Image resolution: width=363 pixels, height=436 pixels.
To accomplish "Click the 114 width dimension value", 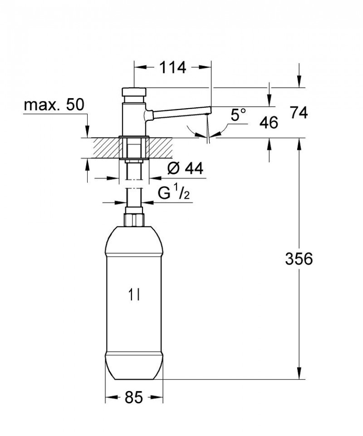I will [x=172, y=68].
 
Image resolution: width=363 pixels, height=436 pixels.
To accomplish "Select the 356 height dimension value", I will [x=299, y=259].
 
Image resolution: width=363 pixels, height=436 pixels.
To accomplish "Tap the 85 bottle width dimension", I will [x=134, y=398].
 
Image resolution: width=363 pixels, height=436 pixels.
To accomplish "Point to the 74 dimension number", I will [x=299, y=112].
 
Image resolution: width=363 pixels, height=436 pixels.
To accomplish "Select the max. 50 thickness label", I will [x=54, y=105].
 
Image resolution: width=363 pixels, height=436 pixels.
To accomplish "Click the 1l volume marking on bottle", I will [x=133, y=296].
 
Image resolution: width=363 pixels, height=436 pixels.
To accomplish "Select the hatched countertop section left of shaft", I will [x=105, y=148].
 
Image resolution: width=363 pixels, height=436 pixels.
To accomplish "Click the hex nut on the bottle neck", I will [x=134, y=218].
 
